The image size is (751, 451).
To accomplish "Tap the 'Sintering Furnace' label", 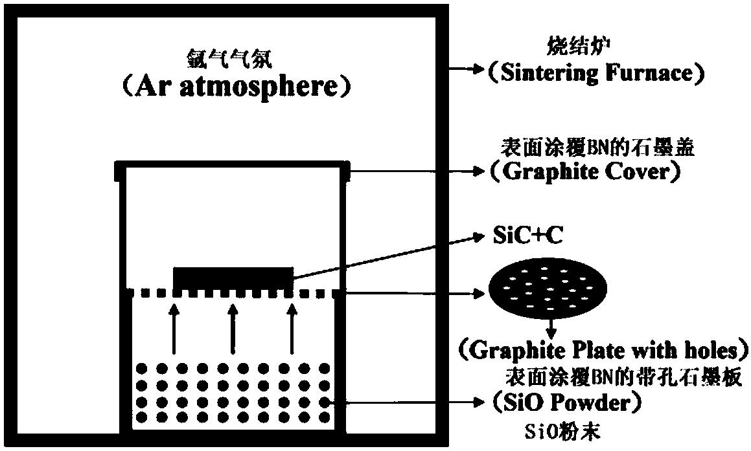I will click(x=595, y=72).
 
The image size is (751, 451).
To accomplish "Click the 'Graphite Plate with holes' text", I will click(x=605, y=351).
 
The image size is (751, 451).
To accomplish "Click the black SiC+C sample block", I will click(x=233, y=278).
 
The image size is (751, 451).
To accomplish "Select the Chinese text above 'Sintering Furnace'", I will click(x=572, y=47).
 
